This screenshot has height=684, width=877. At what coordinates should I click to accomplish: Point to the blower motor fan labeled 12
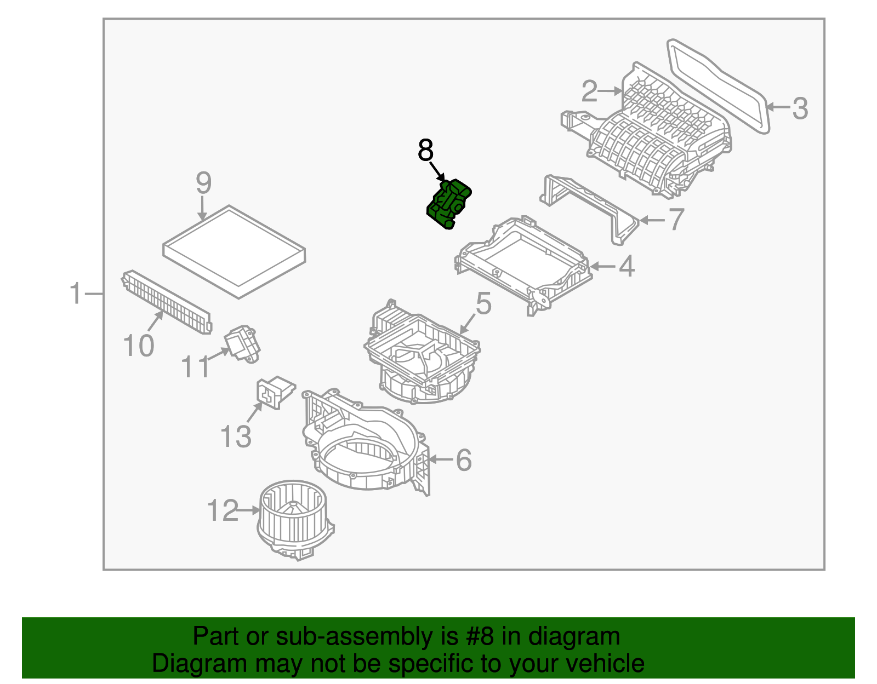[294, 520]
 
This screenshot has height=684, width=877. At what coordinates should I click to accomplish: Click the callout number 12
[223, 510]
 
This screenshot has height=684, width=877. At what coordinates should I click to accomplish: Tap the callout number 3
[800, 108]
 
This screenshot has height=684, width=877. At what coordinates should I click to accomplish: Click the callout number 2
[589, 91]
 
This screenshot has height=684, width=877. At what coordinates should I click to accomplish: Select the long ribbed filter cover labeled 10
[166, 302]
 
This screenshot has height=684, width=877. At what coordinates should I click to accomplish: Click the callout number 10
[138, 346]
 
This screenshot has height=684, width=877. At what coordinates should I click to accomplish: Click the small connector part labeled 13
[276, 391]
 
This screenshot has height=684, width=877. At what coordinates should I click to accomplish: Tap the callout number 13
[236, 436]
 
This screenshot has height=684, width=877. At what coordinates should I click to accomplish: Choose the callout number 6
[464, 459]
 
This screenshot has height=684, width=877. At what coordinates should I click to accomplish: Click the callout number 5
[483, 303]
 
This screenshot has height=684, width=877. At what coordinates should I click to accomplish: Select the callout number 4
[626, 267]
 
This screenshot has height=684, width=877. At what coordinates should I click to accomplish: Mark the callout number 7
[676, 220]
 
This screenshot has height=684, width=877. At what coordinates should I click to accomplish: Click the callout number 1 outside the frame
[76, 294]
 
